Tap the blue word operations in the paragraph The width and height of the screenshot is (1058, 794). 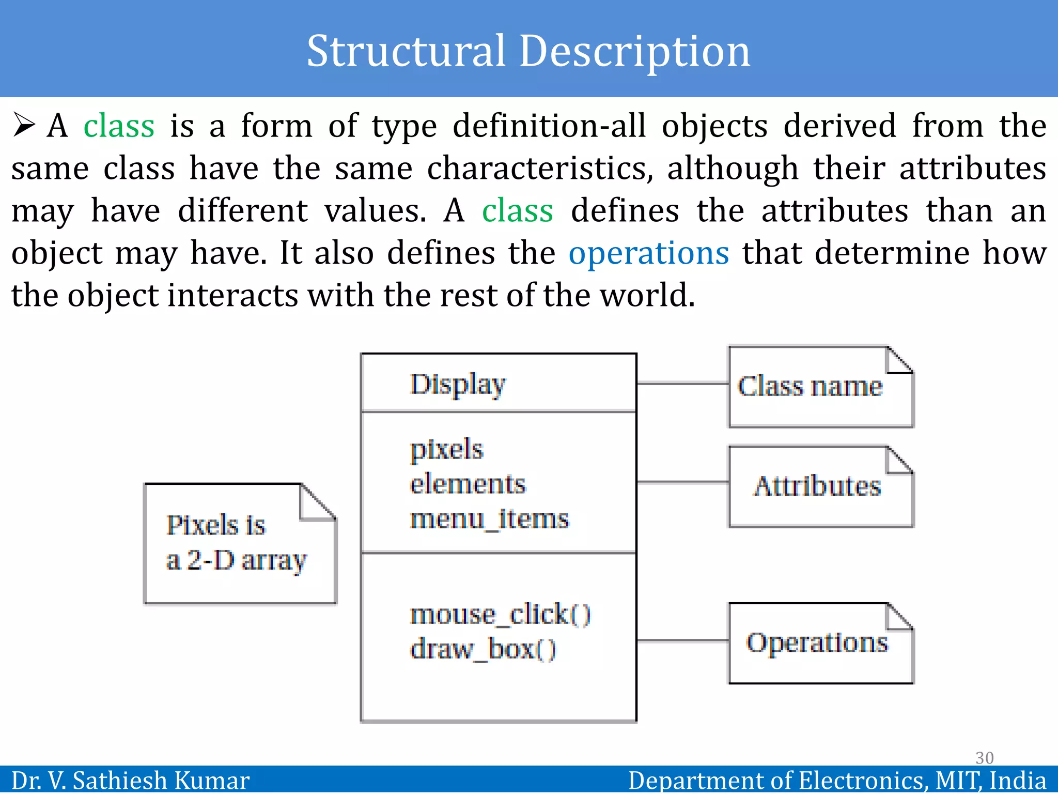tap(648, 253)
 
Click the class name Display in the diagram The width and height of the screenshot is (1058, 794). tap(458, 385)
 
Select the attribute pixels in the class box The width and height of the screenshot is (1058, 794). tap(446, 450)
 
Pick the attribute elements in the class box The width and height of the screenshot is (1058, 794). tap(468, 484)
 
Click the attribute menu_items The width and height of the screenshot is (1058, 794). tap(489, 519)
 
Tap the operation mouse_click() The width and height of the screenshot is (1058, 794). tap(500, 615)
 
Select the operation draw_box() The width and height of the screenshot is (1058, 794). tap(483, 649)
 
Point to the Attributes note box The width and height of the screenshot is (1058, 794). tap(820, 487)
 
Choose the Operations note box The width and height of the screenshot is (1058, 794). tap(820, 644)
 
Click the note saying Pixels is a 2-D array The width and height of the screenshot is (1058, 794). tap(240, 544)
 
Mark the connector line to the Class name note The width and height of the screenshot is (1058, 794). tap(682, 384)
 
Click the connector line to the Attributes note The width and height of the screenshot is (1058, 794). tap(682, 482)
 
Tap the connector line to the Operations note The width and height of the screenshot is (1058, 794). tap(682, 641)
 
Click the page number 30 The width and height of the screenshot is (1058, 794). tap(984, 758)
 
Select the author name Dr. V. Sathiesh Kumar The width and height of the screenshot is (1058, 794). tap(130, 781)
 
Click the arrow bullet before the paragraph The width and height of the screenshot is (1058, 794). tap(24, 126)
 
